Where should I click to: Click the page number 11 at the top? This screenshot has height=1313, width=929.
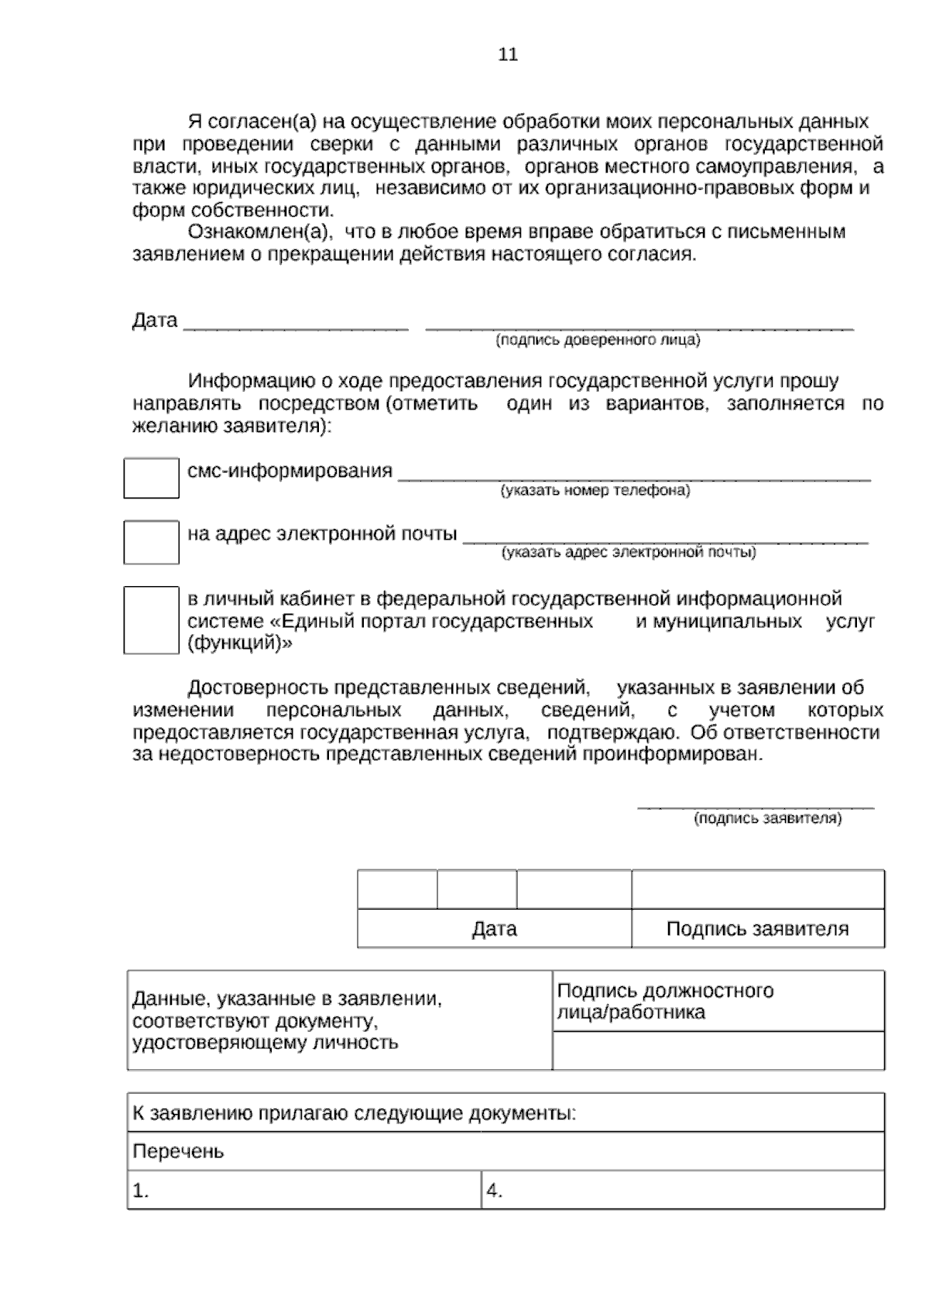[x=508, y=55]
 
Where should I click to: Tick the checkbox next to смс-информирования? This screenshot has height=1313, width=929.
[x=151, y=478]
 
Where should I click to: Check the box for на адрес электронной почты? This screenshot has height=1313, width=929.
[x=151, y=541]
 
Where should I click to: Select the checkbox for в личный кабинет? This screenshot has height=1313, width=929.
[x=151, y=619]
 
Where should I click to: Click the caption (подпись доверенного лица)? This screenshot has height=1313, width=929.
[x=598, y=340]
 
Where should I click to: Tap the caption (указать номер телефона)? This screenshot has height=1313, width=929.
[x=595, y=490]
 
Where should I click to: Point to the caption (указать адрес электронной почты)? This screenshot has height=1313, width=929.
[x=629, y=552]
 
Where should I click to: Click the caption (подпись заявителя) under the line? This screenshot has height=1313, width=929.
[x=767, y=818]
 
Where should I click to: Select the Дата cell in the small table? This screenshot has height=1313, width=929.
[x=494, y=928]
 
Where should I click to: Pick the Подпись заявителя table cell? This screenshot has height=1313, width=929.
[x=757, y=928]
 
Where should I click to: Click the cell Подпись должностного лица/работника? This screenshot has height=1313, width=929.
[x=718, y=1001]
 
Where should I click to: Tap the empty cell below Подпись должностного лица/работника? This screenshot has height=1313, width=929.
[x=718, y=1051]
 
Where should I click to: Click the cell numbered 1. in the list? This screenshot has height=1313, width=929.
[x=303, y=1191]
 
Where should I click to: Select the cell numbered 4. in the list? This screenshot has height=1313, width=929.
[x=683, y=1191]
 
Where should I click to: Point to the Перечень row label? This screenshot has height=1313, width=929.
[x=179, y=1151]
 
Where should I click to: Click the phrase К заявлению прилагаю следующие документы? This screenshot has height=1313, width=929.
[x=355, y=1113]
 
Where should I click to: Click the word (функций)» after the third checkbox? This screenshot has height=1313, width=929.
[x=240, y=643]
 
